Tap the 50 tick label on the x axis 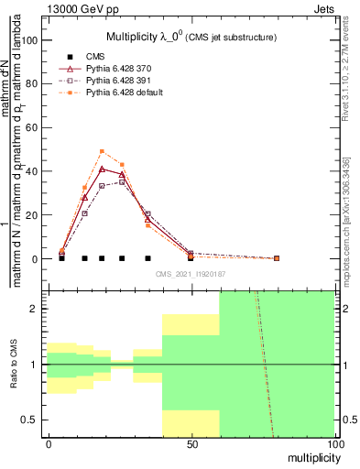coord(191,443)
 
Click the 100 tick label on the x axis coord(334,443)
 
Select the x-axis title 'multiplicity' coord(311,456)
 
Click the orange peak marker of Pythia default coord(102,151)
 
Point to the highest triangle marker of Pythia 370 coord(102,169)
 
